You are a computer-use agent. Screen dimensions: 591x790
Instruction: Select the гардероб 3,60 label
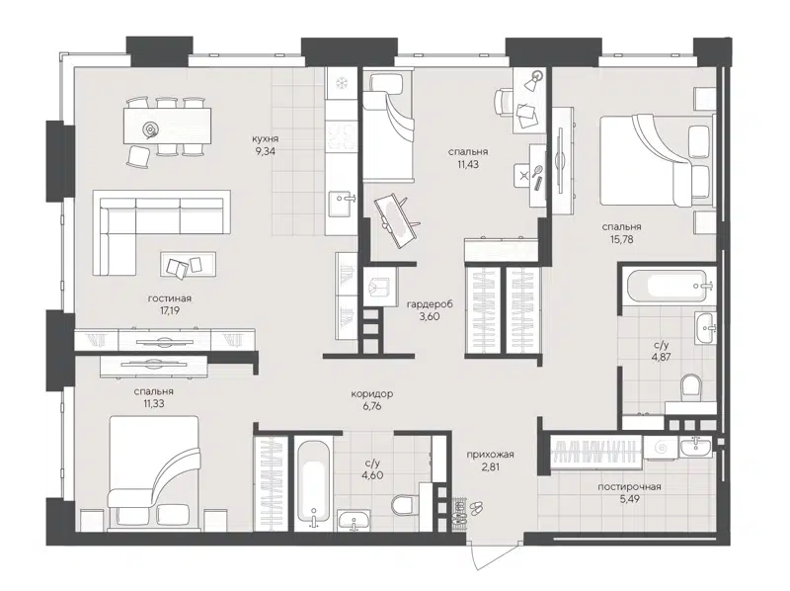point(429,310)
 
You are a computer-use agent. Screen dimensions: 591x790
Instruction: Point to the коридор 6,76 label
point(372,399)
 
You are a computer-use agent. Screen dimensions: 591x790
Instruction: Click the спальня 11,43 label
point(465,158)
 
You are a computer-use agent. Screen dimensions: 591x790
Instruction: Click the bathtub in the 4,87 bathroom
point(671,288)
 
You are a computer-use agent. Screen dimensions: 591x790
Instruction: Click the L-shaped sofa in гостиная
point(138,219)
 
